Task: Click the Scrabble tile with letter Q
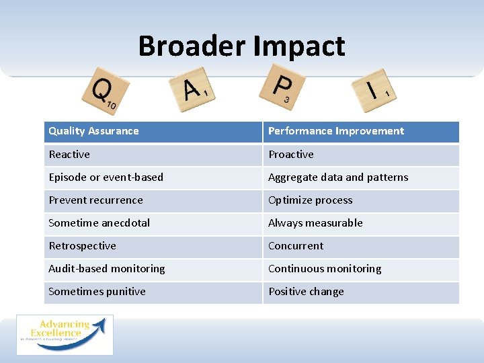103,91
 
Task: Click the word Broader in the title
192,46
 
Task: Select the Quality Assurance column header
93,131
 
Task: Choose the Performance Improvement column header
336,131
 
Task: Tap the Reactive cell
69,155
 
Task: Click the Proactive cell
291,155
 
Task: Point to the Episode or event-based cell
106,177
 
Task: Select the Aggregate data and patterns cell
338,177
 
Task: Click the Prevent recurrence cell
95,200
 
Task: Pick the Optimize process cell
311,200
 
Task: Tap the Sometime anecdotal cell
99,223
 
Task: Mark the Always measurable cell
315,223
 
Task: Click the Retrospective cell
82,246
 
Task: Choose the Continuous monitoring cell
325,269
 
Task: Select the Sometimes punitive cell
97,292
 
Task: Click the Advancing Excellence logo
65,335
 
